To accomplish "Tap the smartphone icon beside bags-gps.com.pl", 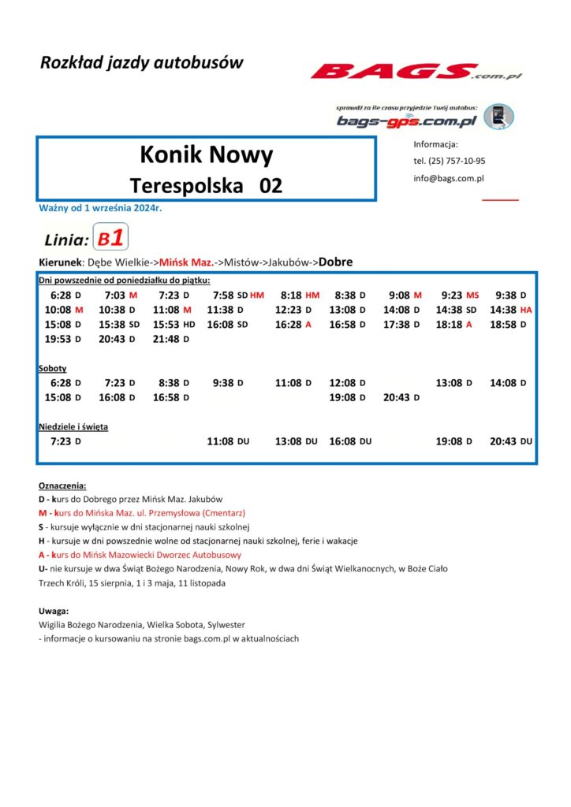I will click(498, 117).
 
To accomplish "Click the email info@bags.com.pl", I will click(449, 178).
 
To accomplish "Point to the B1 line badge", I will click(110, 238).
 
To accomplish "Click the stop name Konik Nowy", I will click(206, 154).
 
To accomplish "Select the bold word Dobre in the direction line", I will click(335, 262).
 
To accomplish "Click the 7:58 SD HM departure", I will click(238, 295).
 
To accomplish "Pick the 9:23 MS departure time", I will click(461, 295).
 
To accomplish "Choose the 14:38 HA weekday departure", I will click(511, 310).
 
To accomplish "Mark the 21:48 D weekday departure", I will click(170, 339).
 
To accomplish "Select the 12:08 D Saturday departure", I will click(347, 383).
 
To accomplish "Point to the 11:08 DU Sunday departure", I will click(228, 441).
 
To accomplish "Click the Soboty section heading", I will click(52, 368).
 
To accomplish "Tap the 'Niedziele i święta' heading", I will click(73, 426).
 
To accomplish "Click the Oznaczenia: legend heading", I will click(62, 485).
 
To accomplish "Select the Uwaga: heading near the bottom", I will click(54, 611).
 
